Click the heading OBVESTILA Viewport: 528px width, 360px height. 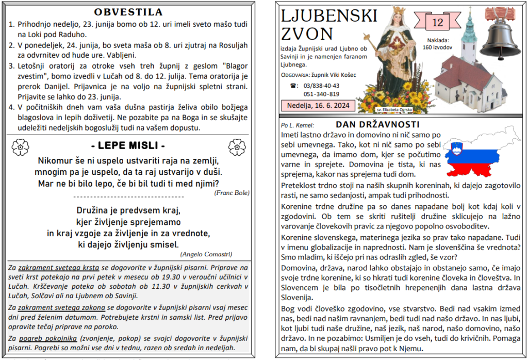(x=128, y=12)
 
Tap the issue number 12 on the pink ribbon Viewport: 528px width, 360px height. (x=437, y=22)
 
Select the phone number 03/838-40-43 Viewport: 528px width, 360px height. (x=321, y=85)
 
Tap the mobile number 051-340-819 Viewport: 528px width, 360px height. (x=321, y=94)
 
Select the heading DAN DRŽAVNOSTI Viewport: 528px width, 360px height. (x=377, y=124)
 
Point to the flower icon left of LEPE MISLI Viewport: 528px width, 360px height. (x=20, y=146)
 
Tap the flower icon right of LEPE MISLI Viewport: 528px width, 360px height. (x=237, y=146)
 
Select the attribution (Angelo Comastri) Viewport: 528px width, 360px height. (x=206, y=254)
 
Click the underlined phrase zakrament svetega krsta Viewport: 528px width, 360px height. (x=58, y=268)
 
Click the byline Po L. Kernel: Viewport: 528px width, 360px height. (x=298, y=125)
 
